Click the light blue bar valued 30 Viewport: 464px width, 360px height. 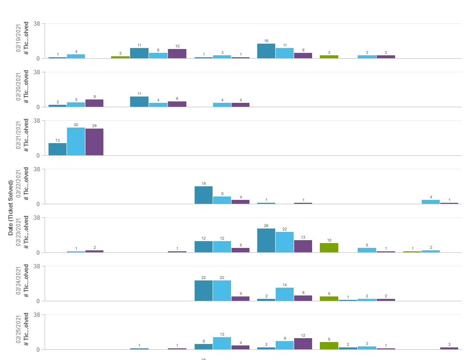click(76, 142)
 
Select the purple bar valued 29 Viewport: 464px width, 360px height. click(94, 142)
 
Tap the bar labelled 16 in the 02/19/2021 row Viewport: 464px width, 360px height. click(266, 51)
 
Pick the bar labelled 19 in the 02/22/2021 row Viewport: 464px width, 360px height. click(203, 195)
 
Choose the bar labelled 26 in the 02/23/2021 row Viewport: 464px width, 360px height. click(266, 241)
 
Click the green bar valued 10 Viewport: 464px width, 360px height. click(329, 248)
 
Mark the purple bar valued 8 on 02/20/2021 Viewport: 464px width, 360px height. click(94, 103)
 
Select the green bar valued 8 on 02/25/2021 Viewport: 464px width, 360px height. click(329, 346)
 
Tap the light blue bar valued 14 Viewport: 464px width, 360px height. click(284, 295)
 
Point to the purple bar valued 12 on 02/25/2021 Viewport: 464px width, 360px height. click(303, 344)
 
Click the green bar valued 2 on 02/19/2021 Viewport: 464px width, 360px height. click(120, 57)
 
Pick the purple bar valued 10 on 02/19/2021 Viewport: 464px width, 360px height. click(177, 54)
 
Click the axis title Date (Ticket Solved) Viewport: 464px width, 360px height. click(11, 208)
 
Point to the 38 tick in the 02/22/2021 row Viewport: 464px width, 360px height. click(36, 169)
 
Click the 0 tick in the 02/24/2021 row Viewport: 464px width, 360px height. click(39, 301)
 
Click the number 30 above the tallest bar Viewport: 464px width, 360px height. click(76, 125)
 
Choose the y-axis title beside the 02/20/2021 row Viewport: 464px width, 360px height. click(27, 89)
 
